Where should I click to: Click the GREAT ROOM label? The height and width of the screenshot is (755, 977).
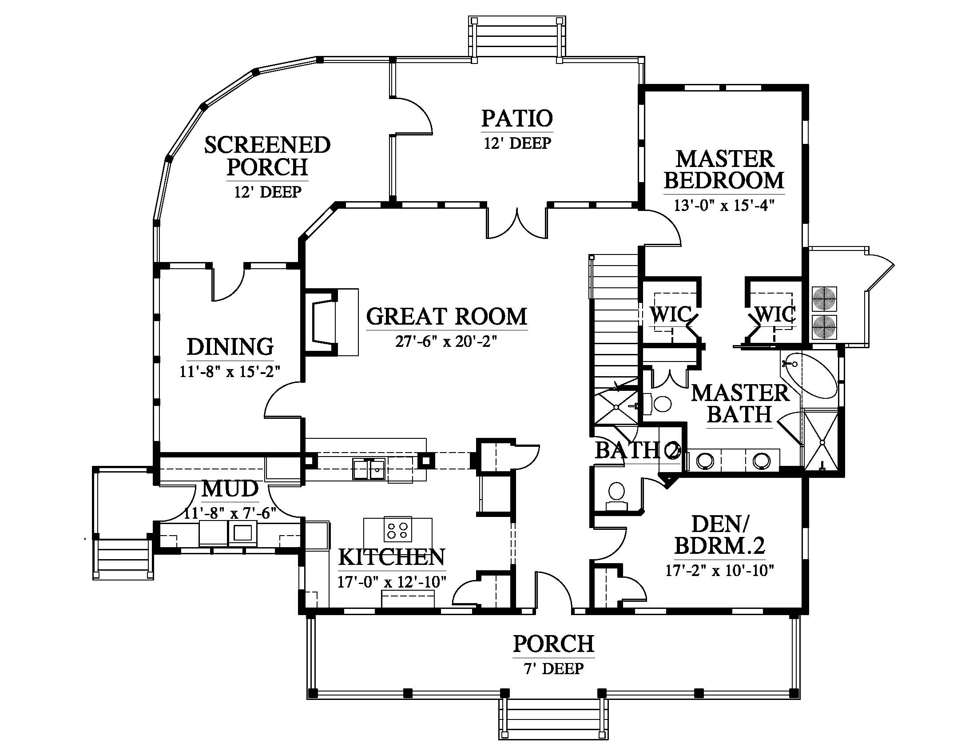tap(446, 316)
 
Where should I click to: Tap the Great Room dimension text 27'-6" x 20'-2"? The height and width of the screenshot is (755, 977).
tap(446, 342)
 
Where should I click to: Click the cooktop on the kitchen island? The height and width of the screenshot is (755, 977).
tap(398, 530)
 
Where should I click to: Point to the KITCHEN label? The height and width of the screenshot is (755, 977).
tap(392, 557)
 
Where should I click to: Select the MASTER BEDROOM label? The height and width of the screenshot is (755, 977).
tap(724, 170)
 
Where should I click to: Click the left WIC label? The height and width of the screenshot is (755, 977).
tap(671, 314)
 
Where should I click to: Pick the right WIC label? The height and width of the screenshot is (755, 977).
tap(775, 314)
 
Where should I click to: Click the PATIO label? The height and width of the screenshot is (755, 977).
tap(517, 118)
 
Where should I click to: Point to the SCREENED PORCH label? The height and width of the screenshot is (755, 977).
tap(267, 156)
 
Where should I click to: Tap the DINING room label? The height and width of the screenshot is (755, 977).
tap(230, 347)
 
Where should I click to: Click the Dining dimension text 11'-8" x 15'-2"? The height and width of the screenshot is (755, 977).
tap(230, 371)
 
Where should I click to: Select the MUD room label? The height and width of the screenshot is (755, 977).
tap(230, 489)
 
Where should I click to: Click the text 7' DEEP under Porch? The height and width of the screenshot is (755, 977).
tap(553, 669)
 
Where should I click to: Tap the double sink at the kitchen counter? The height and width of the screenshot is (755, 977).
tap(370, 469)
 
